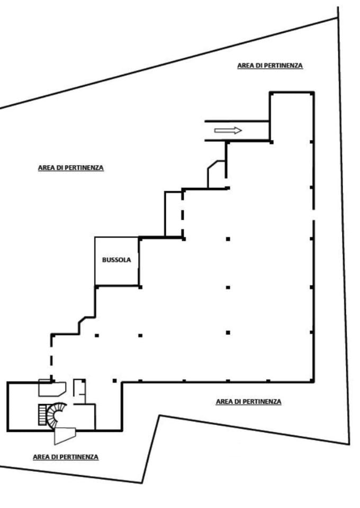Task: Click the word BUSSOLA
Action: tap(116, 260)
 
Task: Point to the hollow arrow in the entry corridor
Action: tap(228, 131)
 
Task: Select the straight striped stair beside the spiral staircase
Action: tap(42, 415)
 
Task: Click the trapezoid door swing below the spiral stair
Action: tap(65, 436)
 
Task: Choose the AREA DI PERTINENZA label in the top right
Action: tap(270, 66)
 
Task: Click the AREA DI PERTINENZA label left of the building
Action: tap(71, 168)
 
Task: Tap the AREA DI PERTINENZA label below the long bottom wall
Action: tap(248, 402)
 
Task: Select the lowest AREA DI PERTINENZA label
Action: tap(66, 457)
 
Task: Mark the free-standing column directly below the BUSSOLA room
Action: tap(140, 335)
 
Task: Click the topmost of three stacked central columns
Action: tap(228, 239)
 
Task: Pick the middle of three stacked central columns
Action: tap(228, 287)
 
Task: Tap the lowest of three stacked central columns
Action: tap(228, 333)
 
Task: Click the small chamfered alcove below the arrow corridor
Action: tap(217, 174)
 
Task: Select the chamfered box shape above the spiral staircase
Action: tap(52, 388)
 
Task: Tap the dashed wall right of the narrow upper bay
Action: tap(183, 214)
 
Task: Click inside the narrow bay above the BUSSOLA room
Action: tap(174, 214)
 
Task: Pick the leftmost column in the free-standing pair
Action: tap(96, 335)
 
